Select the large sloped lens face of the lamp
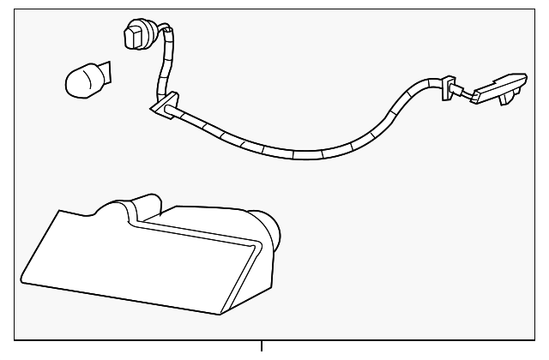[x=129, y=261]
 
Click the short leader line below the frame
[x=262, y=346]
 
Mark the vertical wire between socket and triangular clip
[x=161, y=73]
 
